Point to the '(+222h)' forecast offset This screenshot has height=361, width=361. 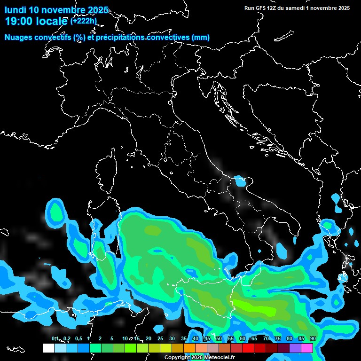pyautogui.click(x=84, y=21)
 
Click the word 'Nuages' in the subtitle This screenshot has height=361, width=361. pyautogui.click(x=18, y=38)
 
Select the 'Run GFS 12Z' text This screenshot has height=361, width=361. pyautogui.click(x=260, y=8)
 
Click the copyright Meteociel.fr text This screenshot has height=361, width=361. pyautogui.click(x=199, y=358)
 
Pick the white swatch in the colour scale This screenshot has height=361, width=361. pyautogui.click(x=48, y=348)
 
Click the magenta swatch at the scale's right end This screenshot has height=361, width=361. pyautogui.click(x=307, y=348)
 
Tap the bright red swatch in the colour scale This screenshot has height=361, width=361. pyautogui.click(x=248, y=348)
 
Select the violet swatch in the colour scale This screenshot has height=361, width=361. pyautogui.click(x=295, y=348)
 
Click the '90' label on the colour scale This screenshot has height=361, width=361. pyautogui.click(x=313, y=338)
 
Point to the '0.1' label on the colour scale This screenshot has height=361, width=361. pyautogui.click(x=55, y=338)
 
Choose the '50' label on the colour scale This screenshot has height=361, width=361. pyautogui.click(x=219, y=338)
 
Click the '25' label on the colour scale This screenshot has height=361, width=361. pyautogui.click(x=160, y=338)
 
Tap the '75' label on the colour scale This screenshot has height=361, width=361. pyautogui.click(x=277, y=338)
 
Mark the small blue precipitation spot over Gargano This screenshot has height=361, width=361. pyautogui.click(x=240, y=180)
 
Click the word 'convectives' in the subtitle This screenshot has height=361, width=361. pyautogui.click(x=167, y=38)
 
